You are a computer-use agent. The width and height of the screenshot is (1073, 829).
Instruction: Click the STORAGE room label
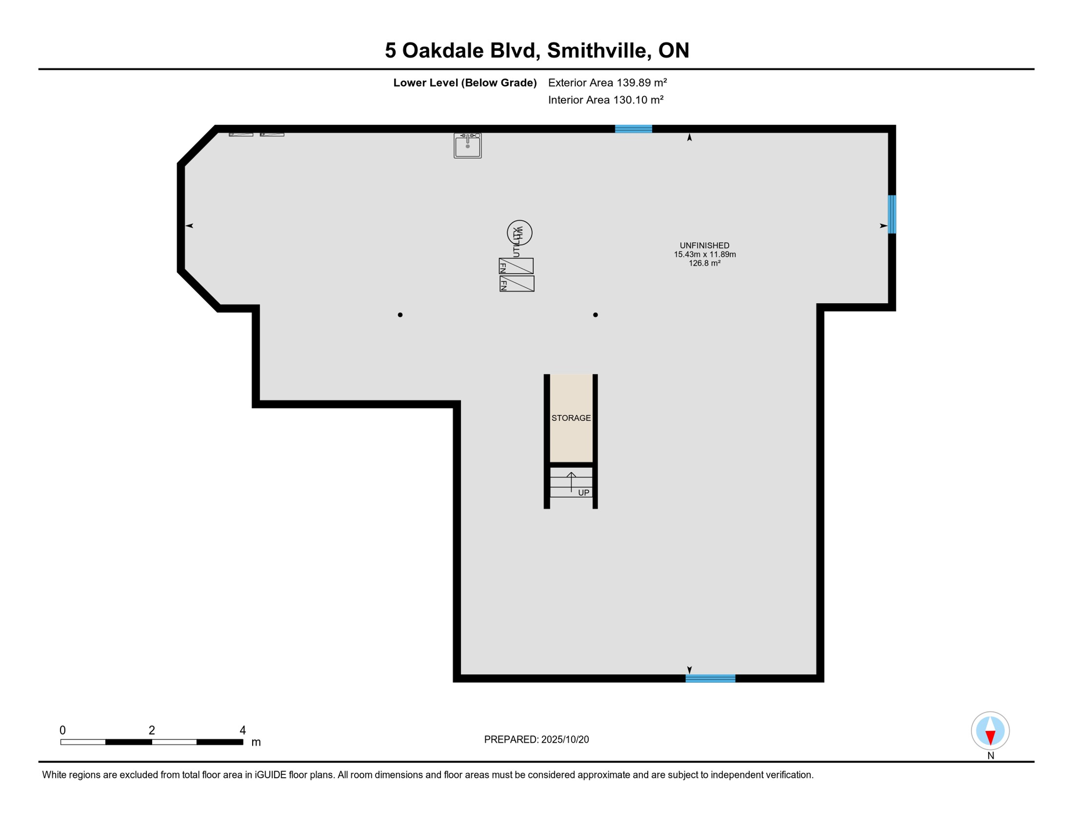pos(571,418)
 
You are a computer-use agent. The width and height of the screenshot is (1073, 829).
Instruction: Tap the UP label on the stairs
pos(583,493)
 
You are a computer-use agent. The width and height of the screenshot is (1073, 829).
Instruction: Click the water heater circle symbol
pos(520,233)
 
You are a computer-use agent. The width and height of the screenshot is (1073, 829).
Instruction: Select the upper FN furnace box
pos(516,266)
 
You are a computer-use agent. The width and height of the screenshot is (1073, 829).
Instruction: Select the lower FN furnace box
pos(517,284)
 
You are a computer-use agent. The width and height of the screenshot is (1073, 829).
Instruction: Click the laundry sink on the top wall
pos(467,145)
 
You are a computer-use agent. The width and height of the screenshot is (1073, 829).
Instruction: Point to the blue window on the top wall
pos(634,128)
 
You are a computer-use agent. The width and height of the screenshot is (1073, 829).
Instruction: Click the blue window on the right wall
pos(892,214)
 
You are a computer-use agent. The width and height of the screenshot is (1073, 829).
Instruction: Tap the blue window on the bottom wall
pos(710,678)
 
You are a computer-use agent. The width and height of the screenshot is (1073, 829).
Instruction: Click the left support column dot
pos(400,315)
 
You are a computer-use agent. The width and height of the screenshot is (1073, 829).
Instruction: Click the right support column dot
pos(595,315)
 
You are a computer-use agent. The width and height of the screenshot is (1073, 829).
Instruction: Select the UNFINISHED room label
pos(704,246)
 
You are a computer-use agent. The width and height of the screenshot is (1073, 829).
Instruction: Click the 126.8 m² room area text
pos(704,263)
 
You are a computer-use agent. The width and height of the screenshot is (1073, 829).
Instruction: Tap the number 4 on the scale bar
pos(243,730)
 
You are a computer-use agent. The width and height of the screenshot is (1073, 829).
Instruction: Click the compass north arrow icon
pos(990,731)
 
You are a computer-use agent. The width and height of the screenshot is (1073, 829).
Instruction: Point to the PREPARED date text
pos(536,739)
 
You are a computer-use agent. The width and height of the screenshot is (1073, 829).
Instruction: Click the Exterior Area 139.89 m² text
pos(607,83)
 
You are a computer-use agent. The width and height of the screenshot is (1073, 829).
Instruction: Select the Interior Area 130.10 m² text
pos(606,100)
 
